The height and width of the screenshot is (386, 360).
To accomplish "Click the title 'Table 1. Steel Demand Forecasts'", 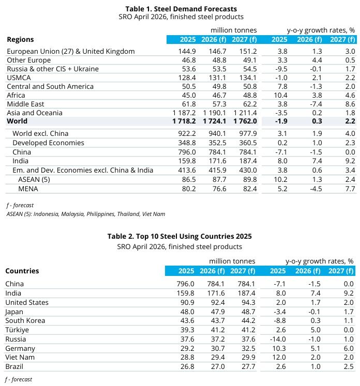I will (x=181, y=8).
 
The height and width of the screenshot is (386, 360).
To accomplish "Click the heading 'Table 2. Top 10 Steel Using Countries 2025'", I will (x=179, y=236).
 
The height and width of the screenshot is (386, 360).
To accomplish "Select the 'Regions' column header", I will (x=20, y=39).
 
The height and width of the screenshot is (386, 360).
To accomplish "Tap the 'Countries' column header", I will (x=22, y=271).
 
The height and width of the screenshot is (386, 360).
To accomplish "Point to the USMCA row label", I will (x=19, y=78).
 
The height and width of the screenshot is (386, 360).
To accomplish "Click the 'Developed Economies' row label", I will (x=48, y=142).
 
